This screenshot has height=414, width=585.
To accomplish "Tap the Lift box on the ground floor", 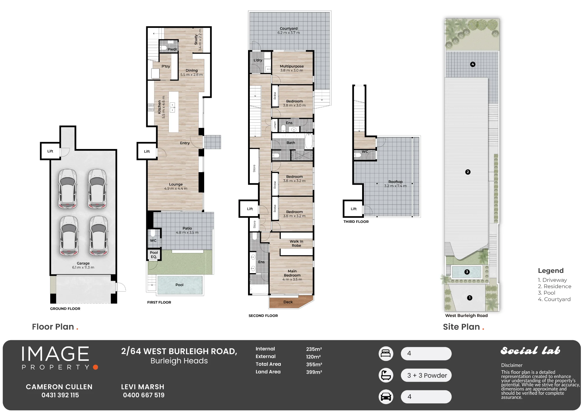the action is coord(50,151).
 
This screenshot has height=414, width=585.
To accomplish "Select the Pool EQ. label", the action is coord(154,254).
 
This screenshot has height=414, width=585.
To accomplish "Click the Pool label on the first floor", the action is coord(179,285).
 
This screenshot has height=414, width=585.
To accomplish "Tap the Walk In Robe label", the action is coord(296,244).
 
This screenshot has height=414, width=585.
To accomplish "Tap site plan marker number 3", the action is coord(467,272).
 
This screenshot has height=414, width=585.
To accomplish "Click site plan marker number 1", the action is coord(470,298).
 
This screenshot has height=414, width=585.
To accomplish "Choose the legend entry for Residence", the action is coord(555,286).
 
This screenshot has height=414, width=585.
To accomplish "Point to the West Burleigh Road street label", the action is coord(467,316).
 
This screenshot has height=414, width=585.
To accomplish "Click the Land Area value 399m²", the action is coord(314,372).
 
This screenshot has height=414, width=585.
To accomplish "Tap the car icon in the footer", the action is coord(386,397).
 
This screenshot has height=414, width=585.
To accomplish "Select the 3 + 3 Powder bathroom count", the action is coord(427,375).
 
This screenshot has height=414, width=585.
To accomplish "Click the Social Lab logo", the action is coord(530,350).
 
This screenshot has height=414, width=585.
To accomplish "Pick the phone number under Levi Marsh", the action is coord(144,395).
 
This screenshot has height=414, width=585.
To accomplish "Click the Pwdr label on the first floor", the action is coord(172,49).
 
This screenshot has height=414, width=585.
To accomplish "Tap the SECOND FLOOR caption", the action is coord(263,316).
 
